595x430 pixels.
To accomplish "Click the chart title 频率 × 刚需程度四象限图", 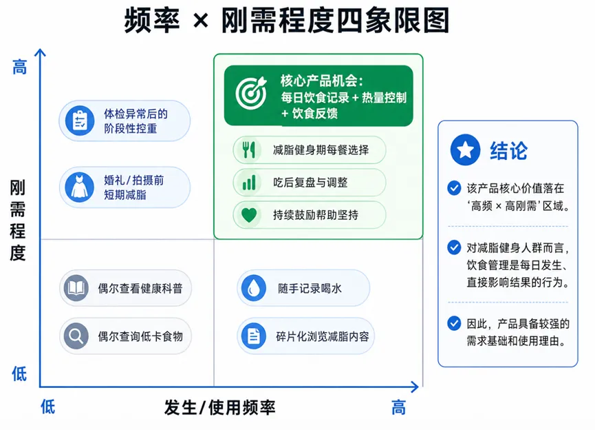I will coord(287,21).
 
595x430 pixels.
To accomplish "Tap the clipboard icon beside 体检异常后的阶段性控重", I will coord(80,121).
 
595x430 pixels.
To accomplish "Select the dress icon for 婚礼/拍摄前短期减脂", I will coord(80,187).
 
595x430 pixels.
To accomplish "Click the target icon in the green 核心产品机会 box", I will coord(250,94).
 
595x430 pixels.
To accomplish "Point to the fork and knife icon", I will coord(248,150).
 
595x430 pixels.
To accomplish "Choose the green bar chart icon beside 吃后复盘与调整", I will coord(248,183).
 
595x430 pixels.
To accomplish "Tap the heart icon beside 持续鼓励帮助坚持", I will coord(248,215).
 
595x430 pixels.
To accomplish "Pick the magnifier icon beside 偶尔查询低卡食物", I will coord(76,336).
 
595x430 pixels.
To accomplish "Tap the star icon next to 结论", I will coord(465,150).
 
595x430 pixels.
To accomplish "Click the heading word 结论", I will coord(508,150).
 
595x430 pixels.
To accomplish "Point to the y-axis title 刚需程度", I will coord(18,221).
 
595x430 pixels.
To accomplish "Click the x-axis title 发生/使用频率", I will coord(219,407).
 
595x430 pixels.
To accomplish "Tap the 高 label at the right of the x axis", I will coord(399,407).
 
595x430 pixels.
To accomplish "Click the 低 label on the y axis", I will coord(20,374).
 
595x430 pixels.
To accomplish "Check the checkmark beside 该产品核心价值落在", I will coord(454,187).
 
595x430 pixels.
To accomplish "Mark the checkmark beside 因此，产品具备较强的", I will coord(454,322).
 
